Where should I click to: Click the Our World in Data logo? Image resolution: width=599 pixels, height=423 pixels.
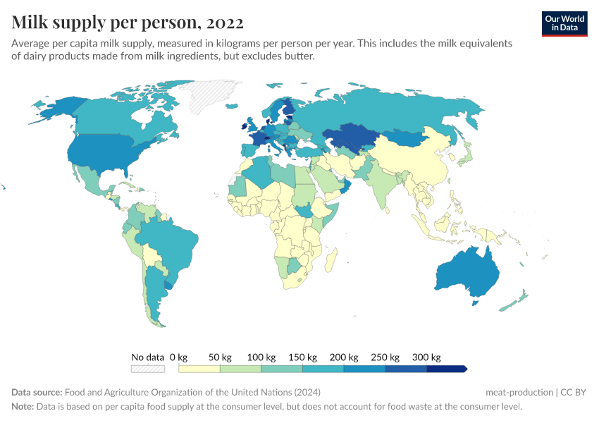(564, 23)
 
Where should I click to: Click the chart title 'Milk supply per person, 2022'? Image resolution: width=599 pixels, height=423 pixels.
(128, 23)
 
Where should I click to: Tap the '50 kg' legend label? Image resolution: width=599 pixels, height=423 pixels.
(221, 357)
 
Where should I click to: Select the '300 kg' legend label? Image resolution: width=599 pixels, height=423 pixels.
(427, 357)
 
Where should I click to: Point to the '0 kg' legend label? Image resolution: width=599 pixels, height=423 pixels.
(179, 357)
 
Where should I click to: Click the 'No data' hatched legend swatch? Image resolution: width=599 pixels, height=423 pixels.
(147, 369)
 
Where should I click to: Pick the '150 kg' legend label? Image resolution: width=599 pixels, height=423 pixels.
(303, 357)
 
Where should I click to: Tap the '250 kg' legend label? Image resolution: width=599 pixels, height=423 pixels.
(385, 357)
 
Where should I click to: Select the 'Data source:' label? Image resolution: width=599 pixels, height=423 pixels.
(37, 392)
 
